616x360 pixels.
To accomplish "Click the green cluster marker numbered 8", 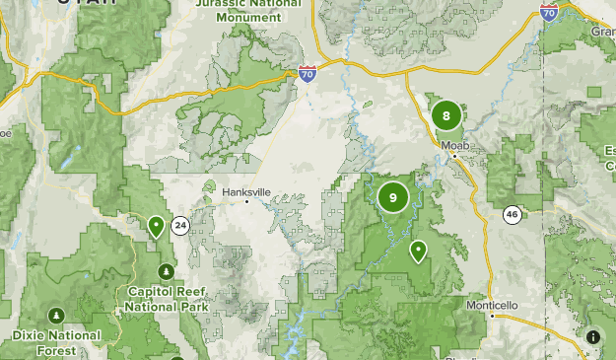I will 446,115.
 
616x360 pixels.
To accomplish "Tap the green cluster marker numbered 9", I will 393,197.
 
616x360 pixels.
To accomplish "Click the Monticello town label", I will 492,305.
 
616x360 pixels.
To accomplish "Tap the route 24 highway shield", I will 180,226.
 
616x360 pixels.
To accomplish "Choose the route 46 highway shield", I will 512,214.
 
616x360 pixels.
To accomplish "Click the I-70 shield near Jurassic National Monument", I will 308,73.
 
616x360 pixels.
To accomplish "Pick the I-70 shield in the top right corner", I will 549,10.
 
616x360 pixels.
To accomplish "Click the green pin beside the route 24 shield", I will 156,226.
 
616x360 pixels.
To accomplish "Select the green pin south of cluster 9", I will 419,251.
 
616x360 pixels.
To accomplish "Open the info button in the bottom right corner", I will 593,337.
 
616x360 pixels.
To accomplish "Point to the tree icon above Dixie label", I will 56,315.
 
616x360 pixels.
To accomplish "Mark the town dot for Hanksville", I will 248,202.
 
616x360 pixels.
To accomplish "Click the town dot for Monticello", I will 492,315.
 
